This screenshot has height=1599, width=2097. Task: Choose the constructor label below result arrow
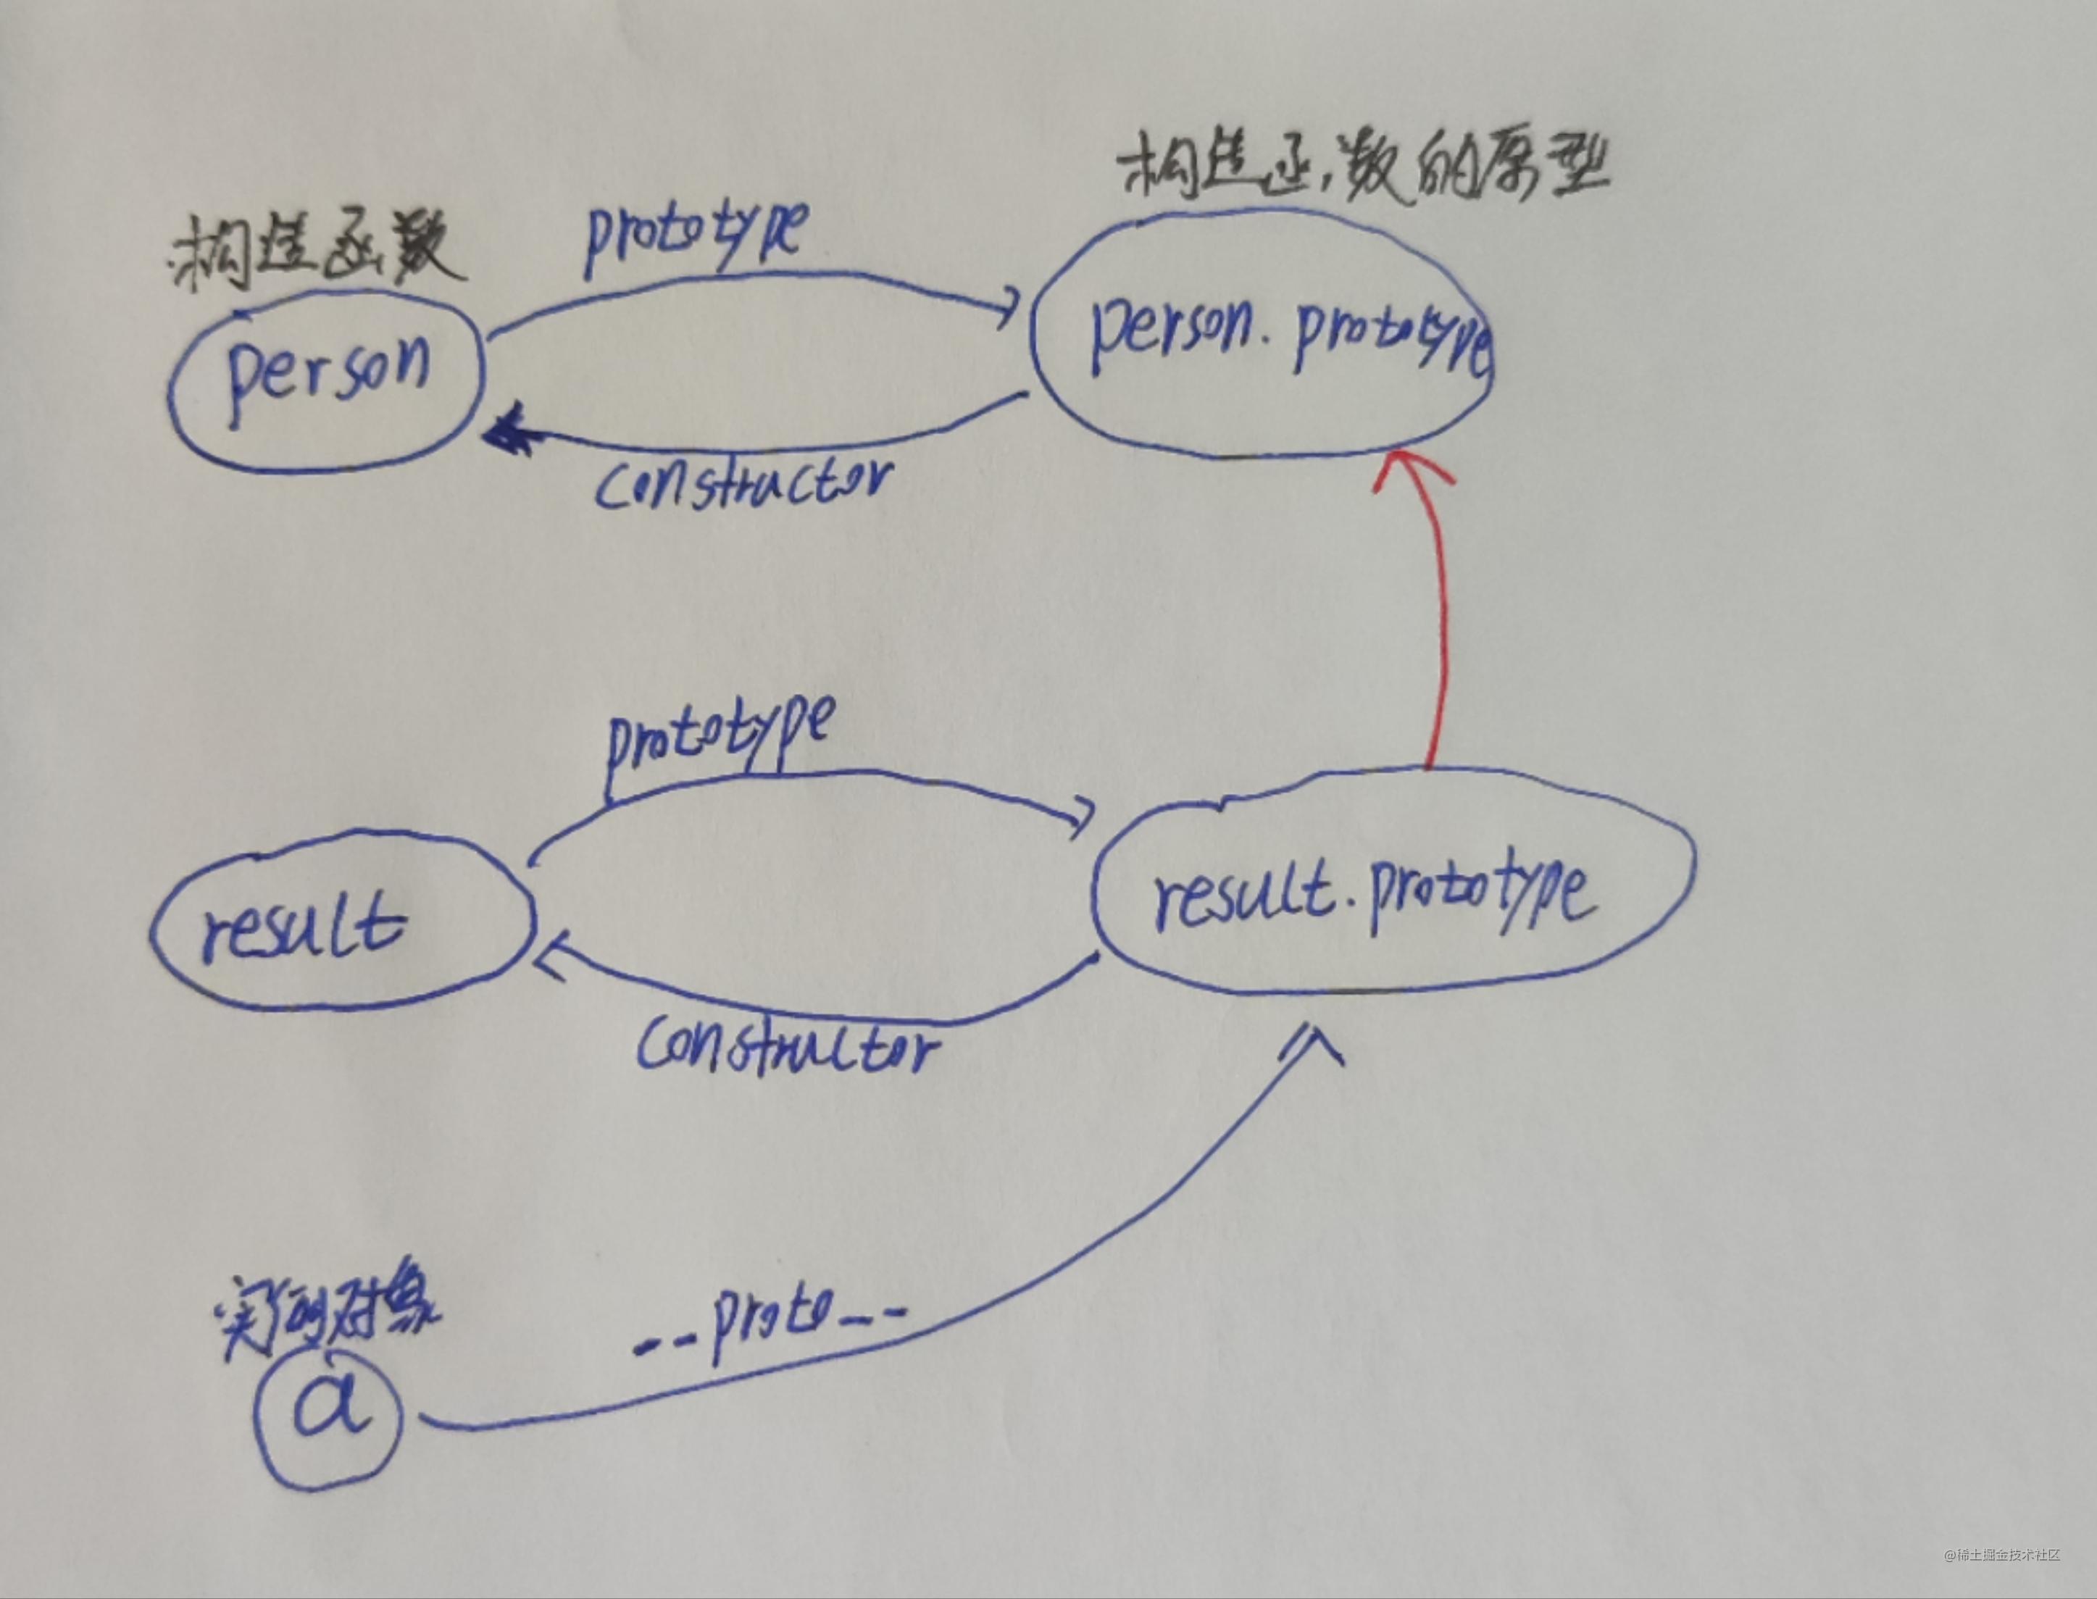tap(786, 1048)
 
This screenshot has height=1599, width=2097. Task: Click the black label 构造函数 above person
tap(314, 252)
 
